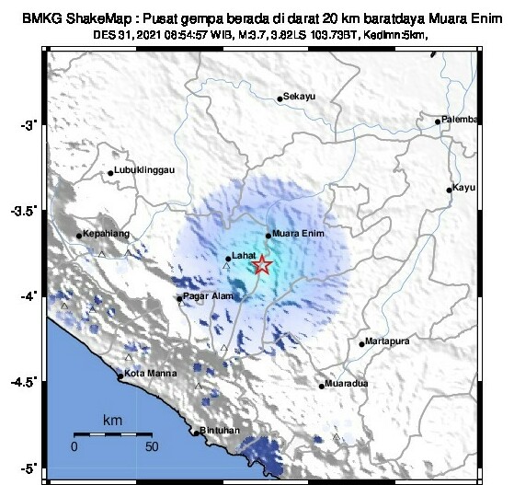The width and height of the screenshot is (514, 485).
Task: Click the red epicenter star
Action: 262,265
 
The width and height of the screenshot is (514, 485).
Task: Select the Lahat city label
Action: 245,259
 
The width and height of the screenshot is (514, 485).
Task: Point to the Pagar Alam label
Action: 206,298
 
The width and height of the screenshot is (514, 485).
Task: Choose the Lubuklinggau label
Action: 144,171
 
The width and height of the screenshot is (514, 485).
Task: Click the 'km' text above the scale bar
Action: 112,420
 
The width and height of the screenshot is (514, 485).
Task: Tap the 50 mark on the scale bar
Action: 152,446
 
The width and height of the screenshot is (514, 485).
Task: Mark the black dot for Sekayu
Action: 280,99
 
